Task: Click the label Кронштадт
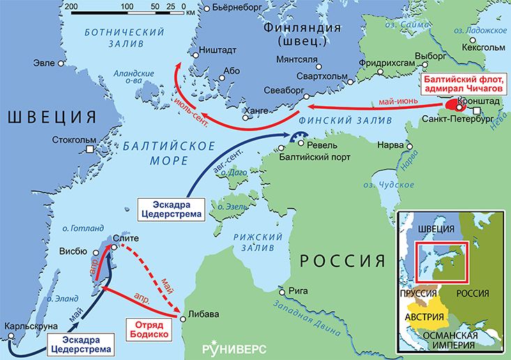tap(484, 101)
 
